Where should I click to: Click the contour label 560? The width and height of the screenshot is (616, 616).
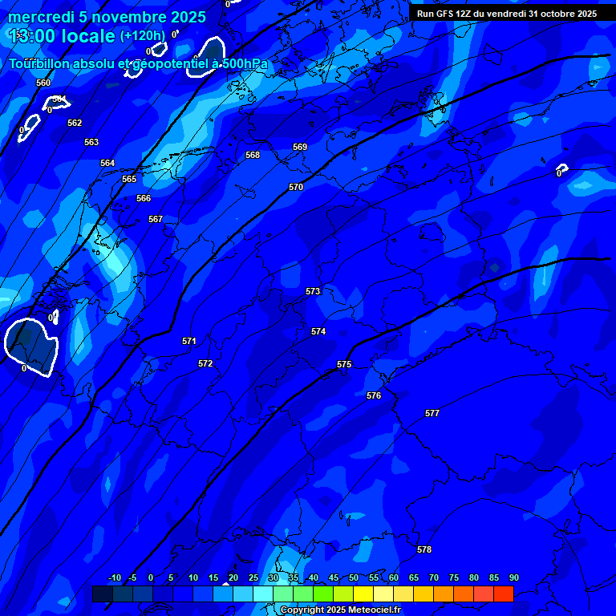(43, 83)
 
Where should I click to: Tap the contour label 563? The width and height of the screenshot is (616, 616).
(91, 142)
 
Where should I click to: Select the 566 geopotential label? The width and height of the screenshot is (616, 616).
(144, 198)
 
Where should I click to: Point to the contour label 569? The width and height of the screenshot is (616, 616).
(300, 147)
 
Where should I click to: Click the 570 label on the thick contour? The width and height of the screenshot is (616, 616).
(296, 187)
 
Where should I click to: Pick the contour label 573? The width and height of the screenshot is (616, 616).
(313, 291)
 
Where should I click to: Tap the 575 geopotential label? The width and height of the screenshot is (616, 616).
(344, 364)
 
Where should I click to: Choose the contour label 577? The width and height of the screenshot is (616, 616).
(432, 413)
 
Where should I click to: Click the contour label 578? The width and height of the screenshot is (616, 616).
(424, 549)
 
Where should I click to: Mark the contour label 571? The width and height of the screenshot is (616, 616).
(189, 341)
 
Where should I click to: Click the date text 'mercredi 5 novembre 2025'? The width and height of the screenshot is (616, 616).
(107, 17)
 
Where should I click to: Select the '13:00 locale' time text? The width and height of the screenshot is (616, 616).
(63, 36)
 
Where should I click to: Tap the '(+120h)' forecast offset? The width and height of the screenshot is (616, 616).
(143, 36)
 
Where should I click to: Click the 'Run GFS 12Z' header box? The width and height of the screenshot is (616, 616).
(507, 14)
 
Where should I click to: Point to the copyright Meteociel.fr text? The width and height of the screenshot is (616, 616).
(340, 610)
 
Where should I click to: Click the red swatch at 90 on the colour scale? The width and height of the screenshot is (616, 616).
(504, 594)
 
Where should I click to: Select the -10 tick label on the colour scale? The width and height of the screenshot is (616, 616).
(115, 577)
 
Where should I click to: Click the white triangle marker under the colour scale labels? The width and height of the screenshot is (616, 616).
(225, 584)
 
